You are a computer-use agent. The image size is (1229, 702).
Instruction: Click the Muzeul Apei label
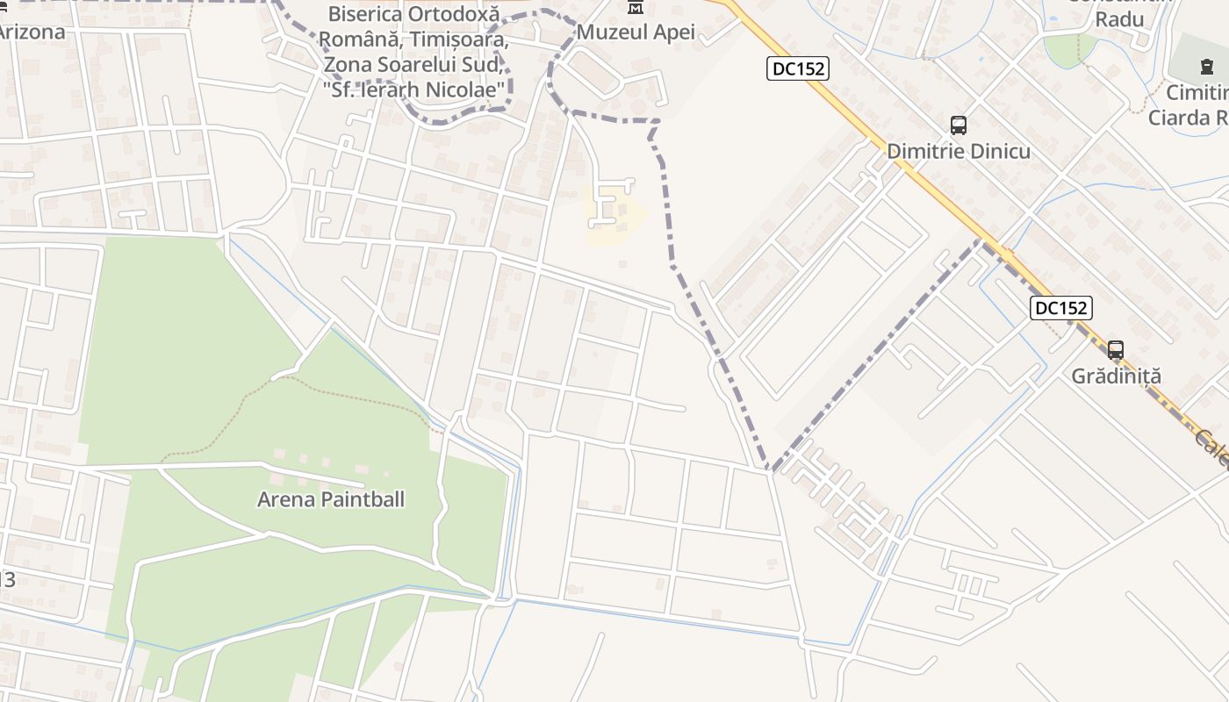point(636,32)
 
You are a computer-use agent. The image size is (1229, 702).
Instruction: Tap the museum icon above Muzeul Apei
point(636,8)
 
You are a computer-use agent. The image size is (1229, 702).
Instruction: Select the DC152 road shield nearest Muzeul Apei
point(797,68)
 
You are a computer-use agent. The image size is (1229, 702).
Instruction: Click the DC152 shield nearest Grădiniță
point(1060,308)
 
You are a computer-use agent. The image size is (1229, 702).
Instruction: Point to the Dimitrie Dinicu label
point(959,151)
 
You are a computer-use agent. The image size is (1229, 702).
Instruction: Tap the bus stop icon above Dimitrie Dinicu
point(959,125)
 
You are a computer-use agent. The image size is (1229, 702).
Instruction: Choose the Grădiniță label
point(1116,376)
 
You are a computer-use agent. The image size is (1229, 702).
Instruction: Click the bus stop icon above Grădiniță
point(1116,350)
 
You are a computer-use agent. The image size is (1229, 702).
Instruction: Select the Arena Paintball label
point(331,499)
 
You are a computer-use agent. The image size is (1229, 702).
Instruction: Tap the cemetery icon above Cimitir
point(1206,67)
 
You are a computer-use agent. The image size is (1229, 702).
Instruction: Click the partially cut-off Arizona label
point(32,32)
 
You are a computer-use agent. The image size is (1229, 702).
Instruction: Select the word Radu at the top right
point(1119,18)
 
